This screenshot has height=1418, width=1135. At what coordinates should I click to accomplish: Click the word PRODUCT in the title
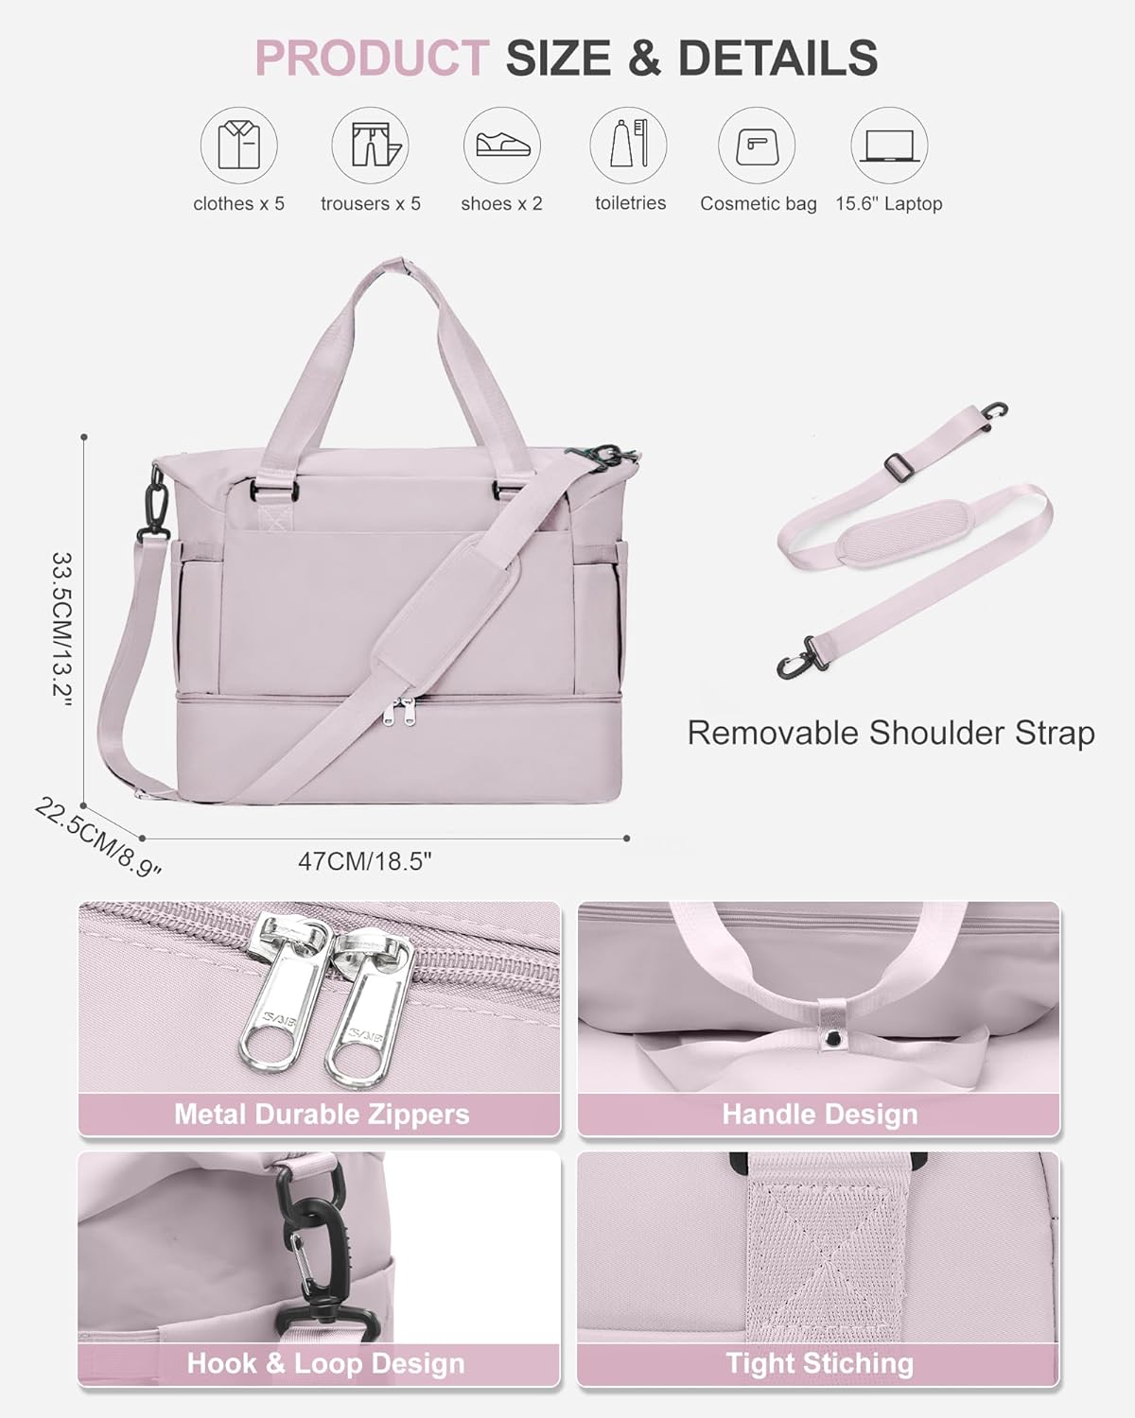click(x=371, y=59)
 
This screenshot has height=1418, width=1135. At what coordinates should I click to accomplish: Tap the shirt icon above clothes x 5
click(x=238, y=146)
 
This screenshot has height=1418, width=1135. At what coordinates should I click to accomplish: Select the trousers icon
click(x=370, y=146)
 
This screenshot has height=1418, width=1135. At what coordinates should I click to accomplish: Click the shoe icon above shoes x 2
click(x=501, y=146)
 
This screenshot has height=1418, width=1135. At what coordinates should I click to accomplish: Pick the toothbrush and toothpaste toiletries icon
click(x=629, y=146)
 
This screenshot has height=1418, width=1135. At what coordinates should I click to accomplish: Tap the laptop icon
click(x=889, y=146)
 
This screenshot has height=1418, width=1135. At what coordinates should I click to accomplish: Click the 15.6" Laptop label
click(x=888, y=203)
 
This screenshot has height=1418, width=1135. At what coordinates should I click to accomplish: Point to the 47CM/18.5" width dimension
click(x=365, y=861)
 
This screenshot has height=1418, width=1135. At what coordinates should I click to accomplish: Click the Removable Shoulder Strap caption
click(x=890, y=733)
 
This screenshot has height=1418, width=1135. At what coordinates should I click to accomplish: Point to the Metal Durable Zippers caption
click(x=322, y=1114)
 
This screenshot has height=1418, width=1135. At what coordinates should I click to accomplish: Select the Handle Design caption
click(x=819, y=1114)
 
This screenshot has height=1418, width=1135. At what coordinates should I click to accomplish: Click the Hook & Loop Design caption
click(x=325, y=1363)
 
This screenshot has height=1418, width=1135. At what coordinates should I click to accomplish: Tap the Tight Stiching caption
click(x=819, y=1363)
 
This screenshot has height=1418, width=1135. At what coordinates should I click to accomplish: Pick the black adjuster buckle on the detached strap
click(x=902, y=465)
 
